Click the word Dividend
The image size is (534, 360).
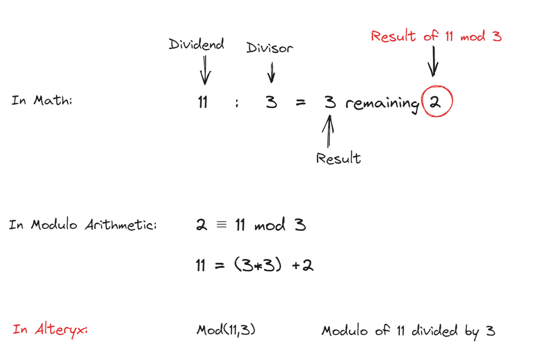[x=197, y=45]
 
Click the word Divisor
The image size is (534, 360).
[x=270, y=48]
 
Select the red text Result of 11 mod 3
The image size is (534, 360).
[x=436, y=36]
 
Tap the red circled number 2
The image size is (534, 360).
[x=436, y=102]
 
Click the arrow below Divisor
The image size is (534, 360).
[x=271, y=72]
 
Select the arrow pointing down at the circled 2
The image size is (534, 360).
[x=433, y=61]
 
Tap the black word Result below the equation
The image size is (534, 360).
[x=338, y=159]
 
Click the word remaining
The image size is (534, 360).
[x=382, y=104]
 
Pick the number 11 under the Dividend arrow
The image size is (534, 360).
[x=202, y=102]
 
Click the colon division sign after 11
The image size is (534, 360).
[x=236, y=104]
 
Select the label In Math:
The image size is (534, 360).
[x=42, y=100]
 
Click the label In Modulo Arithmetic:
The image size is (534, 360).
[x=83, y=225]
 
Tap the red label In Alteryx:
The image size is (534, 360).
[x=50, y=330]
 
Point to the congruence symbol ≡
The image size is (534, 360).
[x=221, y=225]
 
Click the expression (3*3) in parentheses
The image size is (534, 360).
[x=258, y=265]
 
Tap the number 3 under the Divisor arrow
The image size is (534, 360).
[x=272, y=102]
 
